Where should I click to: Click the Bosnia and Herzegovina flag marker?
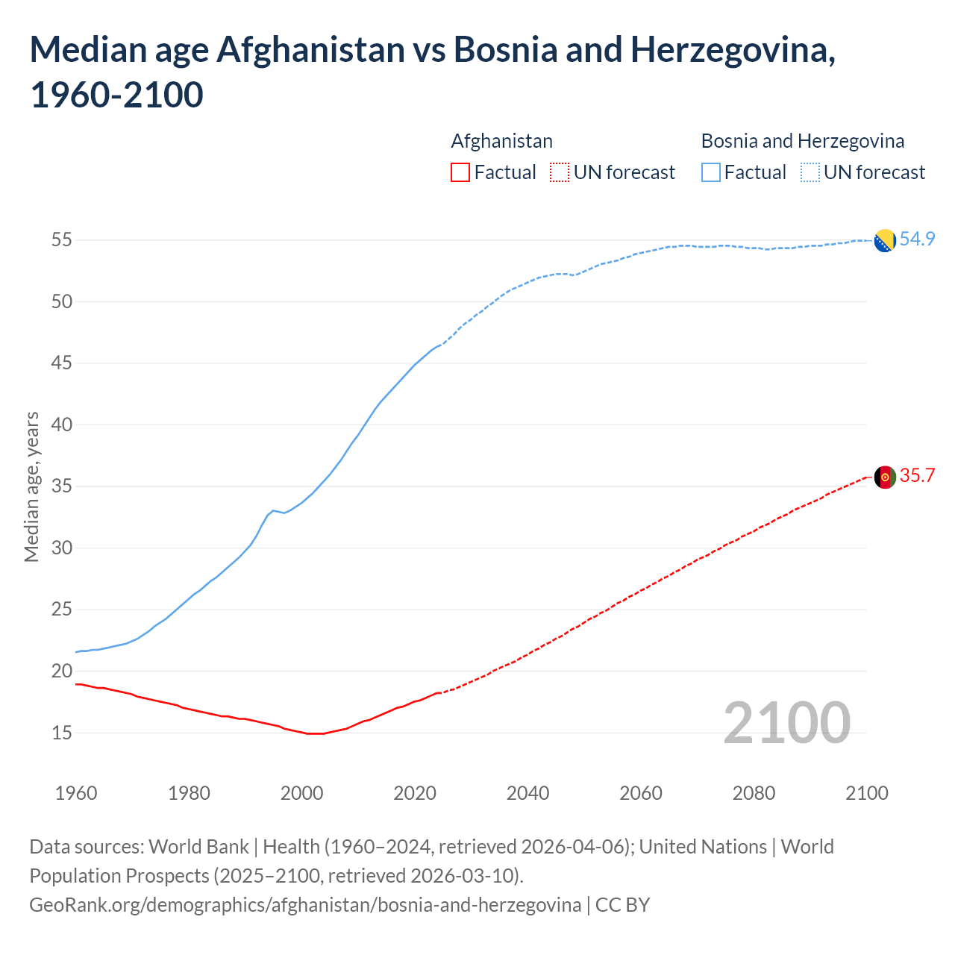pos(884,241)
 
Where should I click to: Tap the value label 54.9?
pos(917,239)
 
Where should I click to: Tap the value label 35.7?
pos(917,476)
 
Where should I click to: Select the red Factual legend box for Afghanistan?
pos(460,172)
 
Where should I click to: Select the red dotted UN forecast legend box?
pos(560,172)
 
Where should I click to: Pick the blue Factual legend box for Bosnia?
pos(711,172)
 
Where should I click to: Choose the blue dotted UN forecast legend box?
pos(810,172)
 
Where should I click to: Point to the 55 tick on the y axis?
pos(61,240)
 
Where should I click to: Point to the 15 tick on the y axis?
pos(61,733)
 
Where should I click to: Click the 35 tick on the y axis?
pos(61,486)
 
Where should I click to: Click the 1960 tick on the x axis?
pos(76,793)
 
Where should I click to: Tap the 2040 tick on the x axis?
pos(527,793)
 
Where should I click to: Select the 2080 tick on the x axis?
pos(754,793)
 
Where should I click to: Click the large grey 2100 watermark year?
pos(786,722)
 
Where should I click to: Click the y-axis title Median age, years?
pos(31,486)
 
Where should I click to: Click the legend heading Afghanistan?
pos(501,141)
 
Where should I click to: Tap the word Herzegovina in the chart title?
pos(732,50)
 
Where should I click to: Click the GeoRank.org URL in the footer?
pos(304,905)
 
